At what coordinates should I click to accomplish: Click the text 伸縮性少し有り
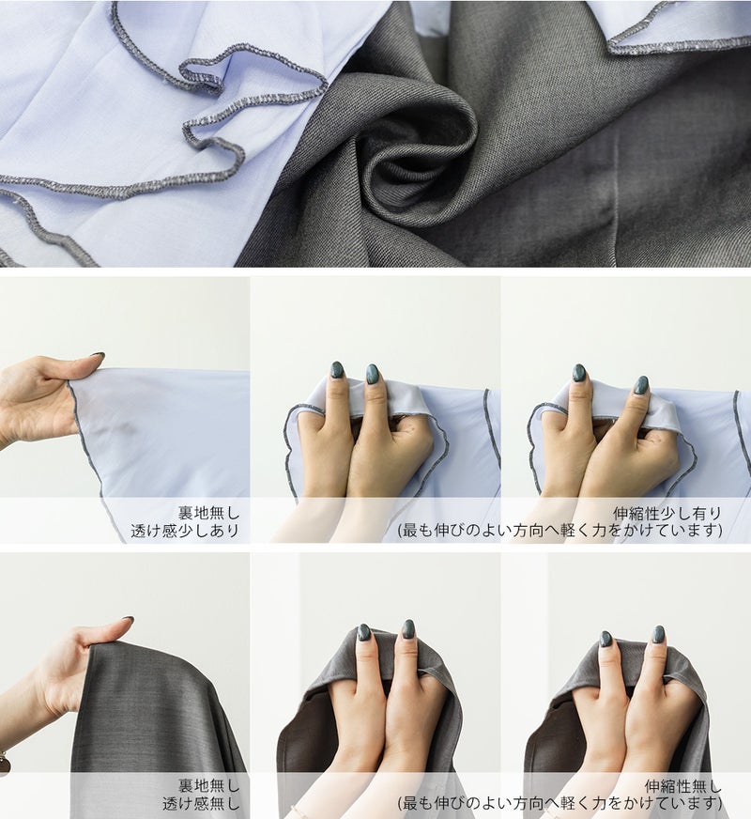tap(667, 514)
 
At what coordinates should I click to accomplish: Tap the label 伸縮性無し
tap(683, 787)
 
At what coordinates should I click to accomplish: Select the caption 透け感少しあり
tap(185, 531)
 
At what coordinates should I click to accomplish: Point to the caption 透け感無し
tap(201, 803)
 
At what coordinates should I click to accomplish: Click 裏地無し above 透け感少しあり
tap(208, 514)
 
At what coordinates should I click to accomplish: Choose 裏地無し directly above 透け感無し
tap(208, 786)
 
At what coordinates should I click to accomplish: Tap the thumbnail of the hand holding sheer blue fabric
tap(125, 410)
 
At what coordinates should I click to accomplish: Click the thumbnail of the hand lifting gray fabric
tap(125, 686)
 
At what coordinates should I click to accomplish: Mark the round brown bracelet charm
tap(4, 764)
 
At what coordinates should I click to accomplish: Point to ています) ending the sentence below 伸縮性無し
tap(692, 803)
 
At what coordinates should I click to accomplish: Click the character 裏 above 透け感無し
tap(186, 786)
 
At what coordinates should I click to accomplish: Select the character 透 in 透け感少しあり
tap(138, 531)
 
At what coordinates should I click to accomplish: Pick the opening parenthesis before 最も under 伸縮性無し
tap(400, 803)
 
